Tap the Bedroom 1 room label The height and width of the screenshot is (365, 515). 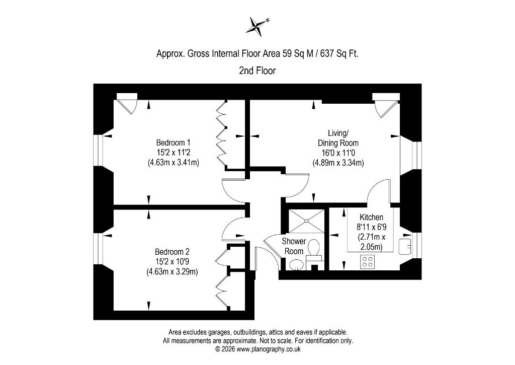173,142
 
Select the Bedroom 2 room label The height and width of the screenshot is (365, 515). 172,252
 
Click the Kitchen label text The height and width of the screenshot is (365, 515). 372,217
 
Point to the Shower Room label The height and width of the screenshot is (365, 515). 294,246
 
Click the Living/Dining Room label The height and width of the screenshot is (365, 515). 338,138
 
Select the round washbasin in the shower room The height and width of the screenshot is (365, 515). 297,264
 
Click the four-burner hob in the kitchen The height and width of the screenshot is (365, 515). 368,262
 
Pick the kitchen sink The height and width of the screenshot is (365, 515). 405,246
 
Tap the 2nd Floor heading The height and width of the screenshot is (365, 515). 257,70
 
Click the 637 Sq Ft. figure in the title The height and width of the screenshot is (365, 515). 339,53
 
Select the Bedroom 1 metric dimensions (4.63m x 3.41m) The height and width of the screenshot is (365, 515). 174,163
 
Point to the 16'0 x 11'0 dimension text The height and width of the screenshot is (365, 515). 338,153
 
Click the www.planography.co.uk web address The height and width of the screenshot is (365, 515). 269,349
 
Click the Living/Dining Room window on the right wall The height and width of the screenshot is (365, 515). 416,156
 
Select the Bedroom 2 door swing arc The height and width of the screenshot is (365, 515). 228,227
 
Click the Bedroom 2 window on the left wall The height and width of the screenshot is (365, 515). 99,249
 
